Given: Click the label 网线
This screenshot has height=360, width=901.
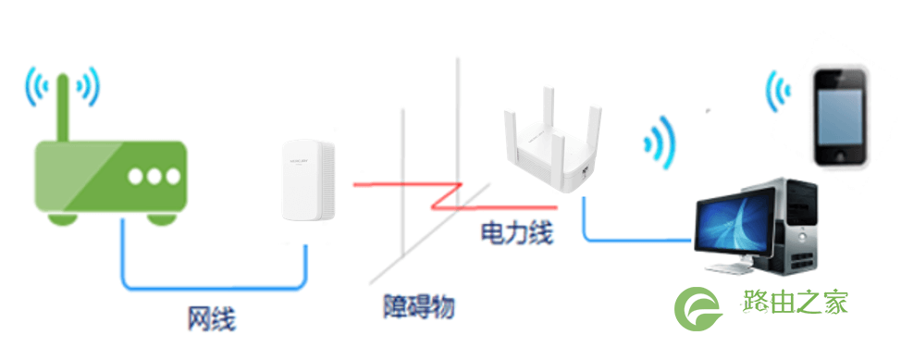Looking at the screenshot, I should [x=211, y=318].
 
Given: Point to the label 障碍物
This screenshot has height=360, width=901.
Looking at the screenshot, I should [x=419, y=306].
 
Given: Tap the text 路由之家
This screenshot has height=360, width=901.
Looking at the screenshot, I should [x=796, y=302].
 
